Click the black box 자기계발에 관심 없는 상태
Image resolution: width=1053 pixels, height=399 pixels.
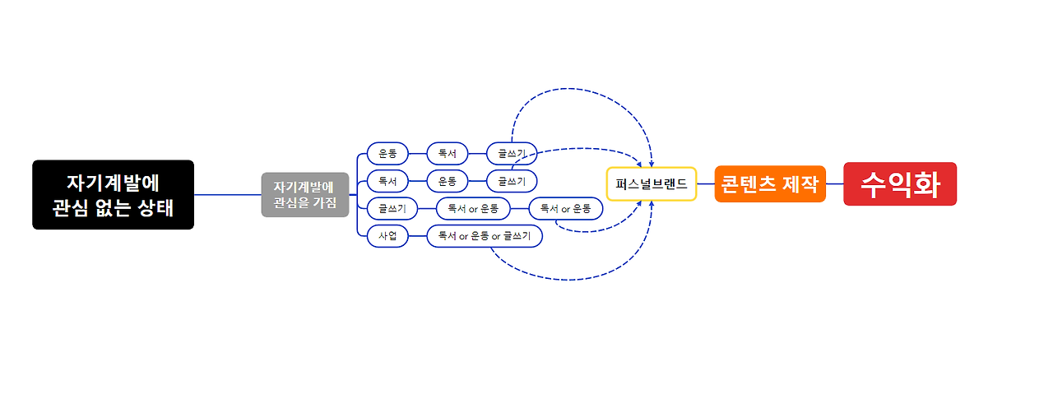pyautogui.click(x=113, y=195)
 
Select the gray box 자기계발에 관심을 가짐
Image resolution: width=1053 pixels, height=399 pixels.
pyautogui.click(x=305, y=195)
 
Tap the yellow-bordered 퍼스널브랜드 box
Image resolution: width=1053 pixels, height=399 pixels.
pyautogui.click(x=652, y=183)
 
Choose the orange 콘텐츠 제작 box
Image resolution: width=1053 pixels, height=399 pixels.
pyautogui.click(x=769, y=183)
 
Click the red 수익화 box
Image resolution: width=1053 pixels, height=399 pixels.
pyautogui.click(x=900, y=183)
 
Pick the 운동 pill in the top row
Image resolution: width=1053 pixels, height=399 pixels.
pyautogui.click(x=387, y=154)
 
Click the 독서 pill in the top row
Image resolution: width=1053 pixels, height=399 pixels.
pyautogui.click(x=448, y=154)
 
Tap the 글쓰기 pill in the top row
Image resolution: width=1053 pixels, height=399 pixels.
pyautogui.click(x=512, y=154)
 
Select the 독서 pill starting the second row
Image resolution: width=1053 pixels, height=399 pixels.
pyautogui.click(x=387, y=180)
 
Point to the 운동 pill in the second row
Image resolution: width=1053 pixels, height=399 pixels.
pyautogui.click(x=448, y=180)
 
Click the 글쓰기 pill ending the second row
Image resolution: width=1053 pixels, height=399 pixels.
pyautogui.click(x=512, y=180)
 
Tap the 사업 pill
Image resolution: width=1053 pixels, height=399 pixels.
pyautogui.click(x=387, y=237)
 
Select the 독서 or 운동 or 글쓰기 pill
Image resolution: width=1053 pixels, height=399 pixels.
pyautogui.click(x=485, y=237)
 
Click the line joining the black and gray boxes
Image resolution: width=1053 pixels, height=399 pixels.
pyautogui.click(x=228, y=195)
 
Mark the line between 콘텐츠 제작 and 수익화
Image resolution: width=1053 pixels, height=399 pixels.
pyautogui.click(x=834, y=183)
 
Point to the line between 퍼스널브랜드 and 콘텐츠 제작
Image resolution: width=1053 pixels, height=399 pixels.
pyautogui.click(x=706, y=183)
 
